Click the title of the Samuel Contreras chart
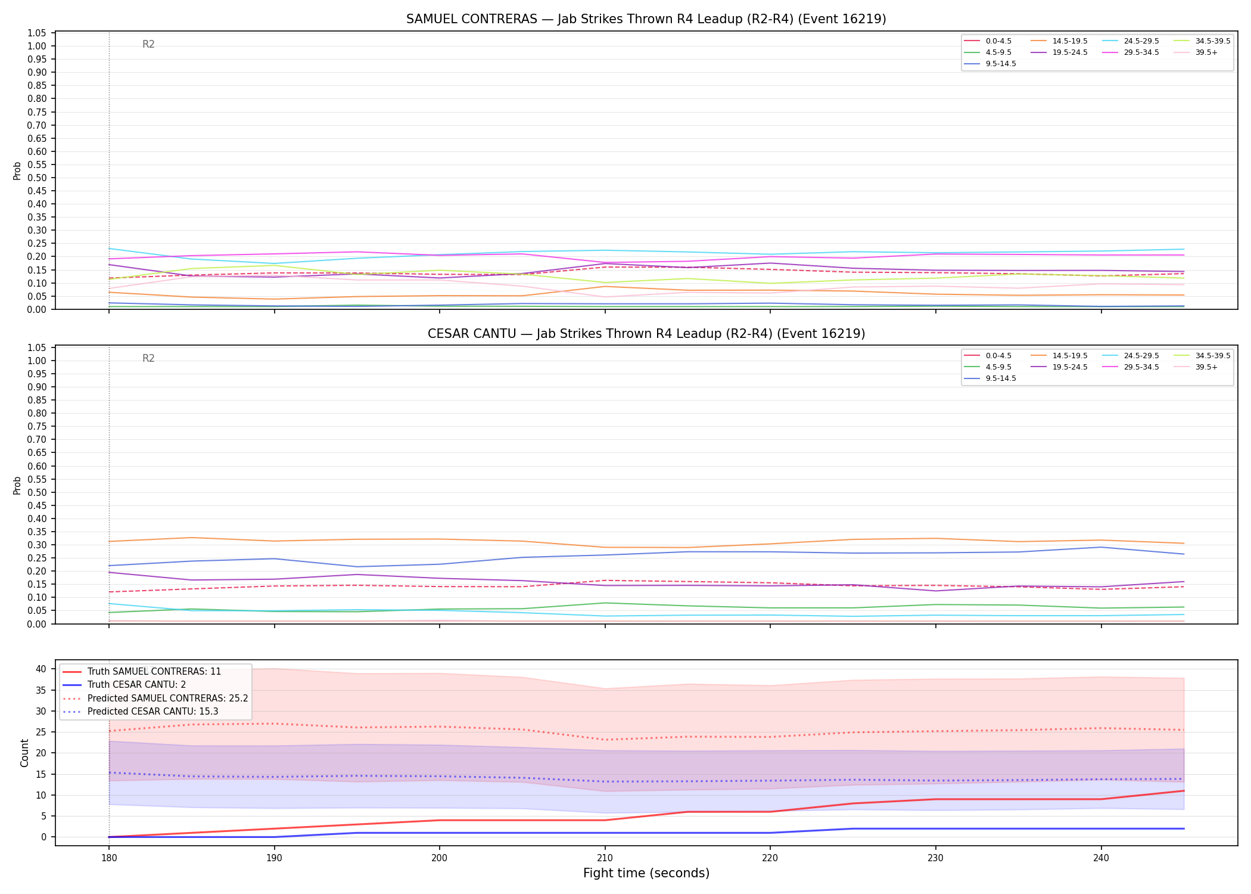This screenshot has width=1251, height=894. pos(646,19)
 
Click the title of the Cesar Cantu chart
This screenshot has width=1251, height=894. pos(646,334)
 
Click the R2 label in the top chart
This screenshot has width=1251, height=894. pos(148,44)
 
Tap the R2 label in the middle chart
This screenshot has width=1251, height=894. pos(148,358)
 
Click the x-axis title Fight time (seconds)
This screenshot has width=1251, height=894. pos(646,874)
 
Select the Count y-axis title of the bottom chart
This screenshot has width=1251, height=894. pos(24,753)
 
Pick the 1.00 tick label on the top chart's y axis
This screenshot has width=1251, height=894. pos(37,46)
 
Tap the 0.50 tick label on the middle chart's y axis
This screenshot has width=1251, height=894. pos(37,492)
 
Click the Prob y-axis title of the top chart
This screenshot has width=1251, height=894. pos(17,170)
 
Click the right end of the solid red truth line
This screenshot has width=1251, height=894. pos(1184,791)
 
